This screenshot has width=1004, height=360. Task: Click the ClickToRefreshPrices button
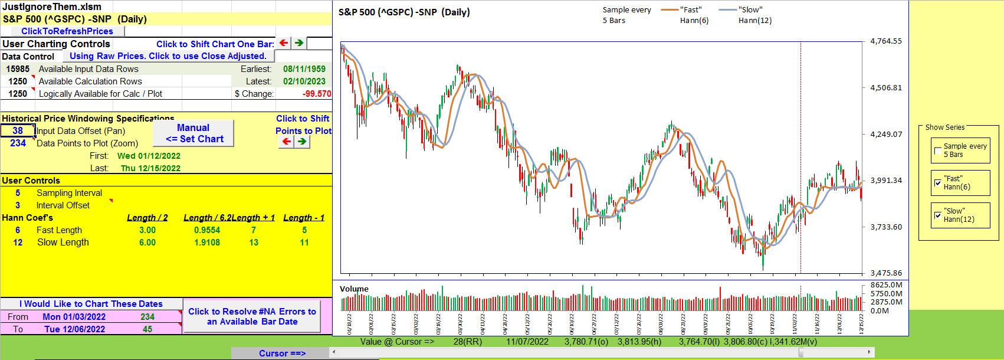67,31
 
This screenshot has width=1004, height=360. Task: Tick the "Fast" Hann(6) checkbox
938,183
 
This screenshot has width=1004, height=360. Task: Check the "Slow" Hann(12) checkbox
938,215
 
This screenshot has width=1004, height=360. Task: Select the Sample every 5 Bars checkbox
938,150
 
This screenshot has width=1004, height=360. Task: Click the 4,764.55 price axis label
886,41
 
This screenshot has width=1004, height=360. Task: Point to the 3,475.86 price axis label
886,273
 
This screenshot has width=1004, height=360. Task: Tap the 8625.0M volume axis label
887,285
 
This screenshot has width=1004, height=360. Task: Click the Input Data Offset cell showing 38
18,131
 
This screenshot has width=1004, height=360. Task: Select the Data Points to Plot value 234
18,143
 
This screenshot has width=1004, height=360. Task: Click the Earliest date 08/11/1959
304,69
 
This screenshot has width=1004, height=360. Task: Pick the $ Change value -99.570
316,94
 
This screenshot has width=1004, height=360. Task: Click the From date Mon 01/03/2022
74,317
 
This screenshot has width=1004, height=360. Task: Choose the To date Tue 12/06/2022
74,329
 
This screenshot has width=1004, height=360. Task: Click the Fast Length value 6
18,230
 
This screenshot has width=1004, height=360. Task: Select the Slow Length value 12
18,243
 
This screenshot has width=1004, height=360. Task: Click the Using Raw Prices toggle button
168,56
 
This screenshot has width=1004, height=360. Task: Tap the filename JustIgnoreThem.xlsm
52,7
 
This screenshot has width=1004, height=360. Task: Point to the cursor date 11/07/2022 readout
527,342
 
